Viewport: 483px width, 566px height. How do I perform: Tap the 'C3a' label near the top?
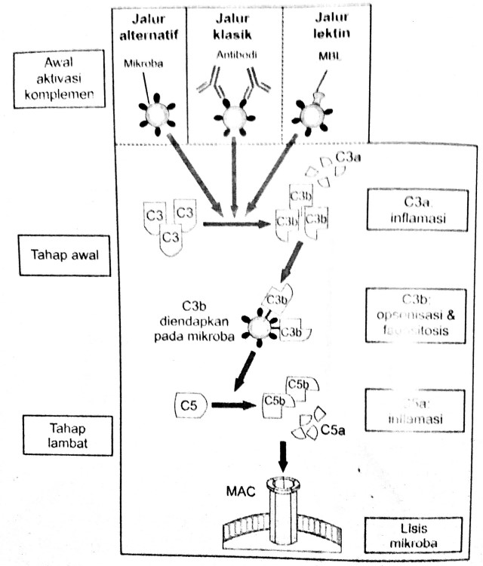[349, 158]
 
